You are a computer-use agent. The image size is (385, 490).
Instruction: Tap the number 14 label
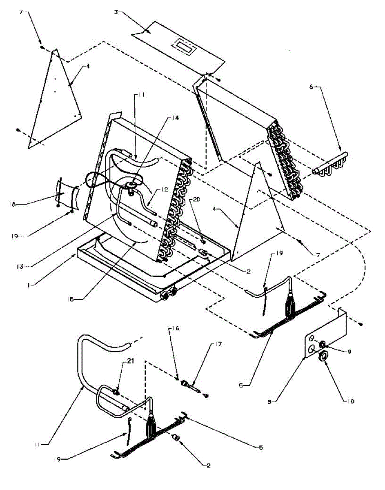(176, 118)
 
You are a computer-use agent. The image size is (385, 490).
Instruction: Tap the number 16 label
(176, 328)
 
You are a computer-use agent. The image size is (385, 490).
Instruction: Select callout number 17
(217, 345)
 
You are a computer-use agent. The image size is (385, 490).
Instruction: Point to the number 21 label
(119, 361)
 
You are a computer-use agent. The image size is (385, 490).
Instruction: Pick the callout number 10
(350, 401)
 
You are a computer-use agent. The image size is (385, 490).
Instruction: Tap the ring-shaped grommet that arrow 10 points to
(322, 356)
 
